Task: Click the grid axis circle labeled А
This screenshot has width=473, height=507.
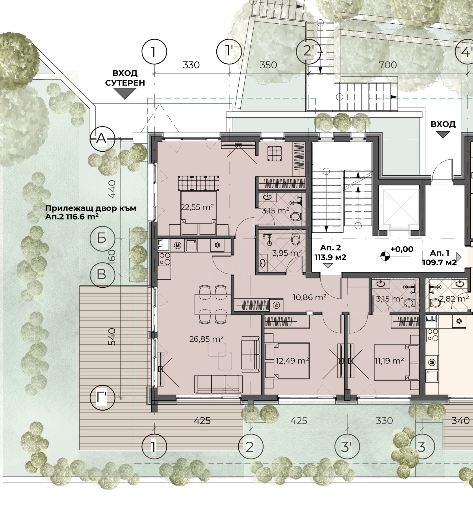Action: tap(102, 138)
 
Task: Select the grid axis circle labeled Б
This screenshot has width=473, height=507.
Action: tap(102, 238)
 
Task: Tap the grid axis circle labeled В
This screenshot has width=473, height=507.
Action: tap(102, 274)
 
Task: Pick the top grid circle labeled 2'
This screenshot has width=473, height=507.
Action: tap(309, 51)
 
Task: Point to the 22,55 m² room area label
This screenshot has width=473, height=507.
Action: tap(197, 207)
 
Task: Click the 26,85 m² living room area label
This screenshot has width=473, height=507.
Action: tap(206, 339)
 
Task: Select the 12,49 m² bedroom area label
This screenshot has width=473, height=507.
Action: tap(292, 361)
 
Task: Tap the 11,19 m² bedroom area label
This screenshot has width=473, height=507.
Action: tap(389, 361)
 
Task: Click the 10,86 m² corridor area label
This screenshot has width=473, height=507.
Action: tap(310, 297)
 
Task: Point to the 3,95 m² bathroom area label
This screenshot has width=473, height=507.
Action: tap(287, 253)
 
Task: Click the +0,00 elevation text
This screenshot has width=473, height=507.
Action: tap(402, 249)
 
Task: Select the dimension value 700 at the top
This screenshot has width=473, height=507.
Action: tap(388, 65)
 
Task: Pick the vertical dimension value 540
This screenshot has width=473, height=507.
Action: tap(112, 336)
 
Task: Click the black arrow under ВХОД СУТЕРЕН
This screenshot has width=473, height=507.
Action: tap(125, 93)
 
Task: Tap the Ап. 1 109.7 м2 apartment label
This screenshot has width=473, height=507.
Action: tap(439, 257)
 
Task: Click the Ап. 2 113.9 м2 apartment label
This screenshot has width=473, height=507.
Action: tap(330, 252)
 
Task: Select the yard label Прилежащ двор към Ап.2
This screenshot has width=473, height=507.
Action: tap(90, 212)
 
